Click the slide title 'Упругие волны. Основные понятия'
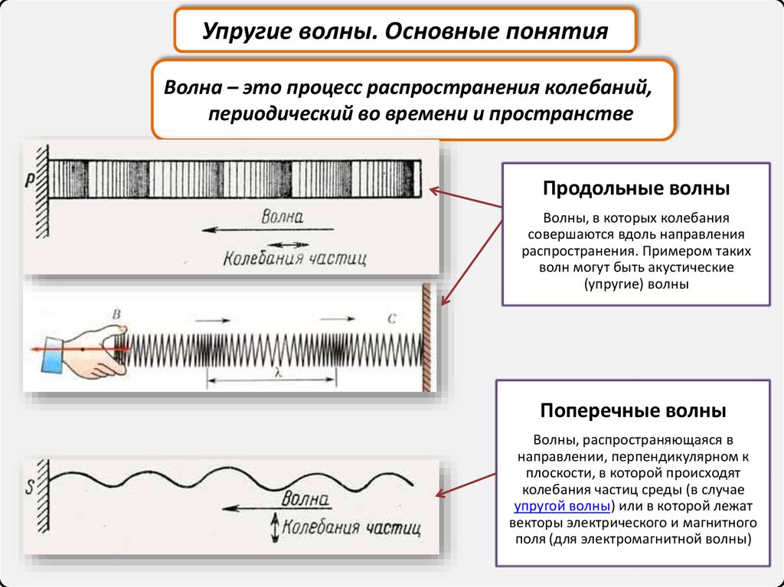coord(405,33)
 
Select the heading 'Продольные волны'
coord(635,188)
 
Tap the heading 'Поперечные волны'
coord(633,411)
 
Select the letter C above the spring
coord(390,318)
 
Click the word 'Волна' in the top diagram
coord(283,217)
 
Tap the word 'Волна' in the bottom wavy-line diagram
coord(305,501)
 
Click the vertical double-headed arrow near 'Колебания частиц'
coord(273,528)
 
